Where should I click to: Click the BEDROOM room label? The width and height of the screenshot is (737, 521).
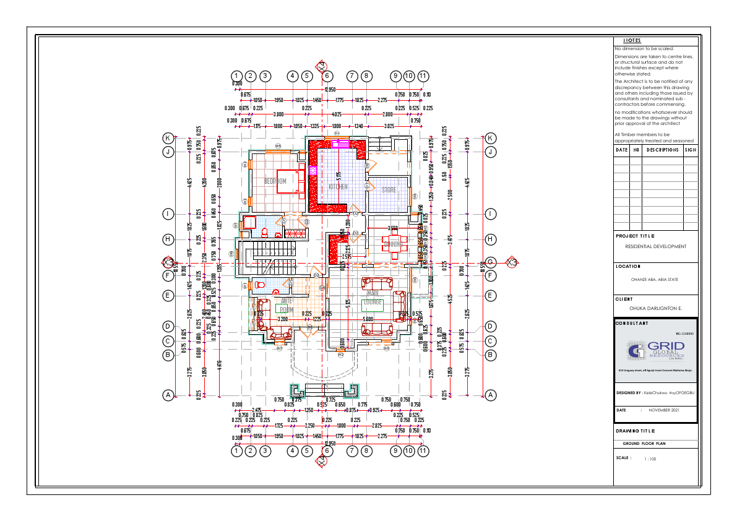pos(275,181)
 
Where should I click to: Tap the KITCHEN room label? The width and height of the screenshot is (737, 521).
pos(338,186)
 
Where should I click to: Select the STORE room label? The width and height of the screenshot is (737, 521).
pos(389,190)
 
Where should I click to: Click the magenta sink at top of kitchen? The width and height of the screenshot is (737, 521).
pos(340,144)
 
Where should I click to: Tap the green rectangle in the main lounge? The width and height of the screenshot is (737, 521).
pos(373,306)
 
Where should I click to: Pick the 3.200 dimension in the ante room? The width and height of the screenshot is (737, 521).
pos(283,319)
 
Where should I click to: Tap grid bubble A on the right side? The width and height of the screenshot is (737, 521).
pos(490,394)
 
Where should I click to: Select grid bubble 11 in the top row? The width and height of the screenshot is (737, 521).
pos(423,75)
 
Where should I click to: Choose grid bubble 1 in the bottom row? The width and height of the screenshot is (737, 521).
pos(236,451)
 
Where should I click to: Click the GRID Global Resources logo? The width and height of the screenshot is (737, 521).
pos(656,352)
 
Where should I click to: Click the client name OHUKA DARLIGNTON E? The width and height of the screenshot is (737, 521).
pos(655,308)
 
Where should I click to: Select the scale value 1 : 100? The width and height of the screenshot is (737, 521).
pos(650,459)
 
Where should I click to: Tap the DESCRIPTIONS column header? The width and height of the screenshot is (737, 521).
pos(662,150)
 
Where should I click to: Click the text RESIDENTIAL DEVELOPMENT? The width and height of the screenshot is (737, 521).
pos(655,246)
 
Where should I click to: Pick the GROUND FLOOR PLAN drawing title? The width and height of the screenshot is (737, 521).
pos(644,444)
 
